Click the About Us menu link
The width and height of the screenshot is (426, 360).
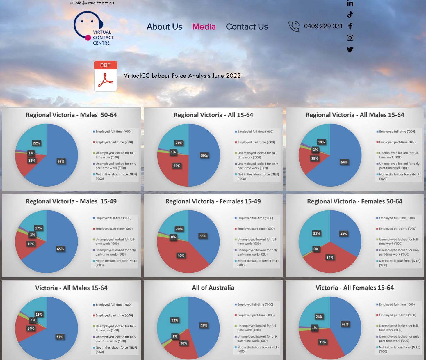[x=164, y=27]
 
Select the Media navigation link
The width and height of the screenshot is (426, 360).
[x=204, y=27]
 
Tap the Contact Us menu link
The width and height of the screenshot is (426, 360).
[x=247, y=27]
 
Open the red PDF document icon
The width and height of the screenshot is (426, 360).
[x=106, y=76]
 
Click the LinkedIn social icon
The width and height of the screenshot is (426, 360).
[x=350, y=3]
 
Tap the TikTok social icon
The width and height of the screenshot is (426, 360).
[x=350, y=15]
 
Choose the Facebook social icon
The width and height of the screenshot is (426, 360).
[x=350, y=26]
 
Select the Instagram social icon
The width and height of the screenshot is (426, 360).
[x=350, y=38]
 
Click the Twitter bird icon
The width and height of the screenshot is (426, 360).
[x=350, y=49]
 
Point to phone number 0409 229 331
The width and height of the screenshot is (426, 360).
[x=323, y=26]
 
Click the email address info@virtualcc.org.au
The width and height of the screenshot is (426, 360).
[x=94, y=3]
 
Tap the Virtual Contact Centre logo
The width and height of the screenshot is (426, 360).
[x=93, y=29]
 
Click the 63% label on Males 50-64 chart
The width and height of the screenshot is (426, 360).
[x=61, y=162]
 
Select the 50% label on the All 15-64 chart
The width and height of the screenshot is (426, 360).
[x=204, y=155]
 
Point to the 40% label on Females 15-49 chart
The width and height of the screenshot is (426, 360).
[x=181, y=256]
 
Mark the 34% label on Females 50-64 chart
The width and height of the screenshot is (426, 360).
[x=330, y=258]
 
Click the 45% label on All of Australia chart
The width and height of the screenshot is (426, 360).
[x=204, y=326]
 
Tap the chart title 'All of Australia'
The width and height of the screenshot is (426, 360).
[x=213, y=288]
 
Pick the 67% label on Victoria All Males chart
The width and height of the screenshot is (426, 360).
[x=60, y=337]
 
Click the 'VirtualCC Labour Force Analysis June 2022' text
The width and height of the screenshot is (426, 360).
[x=182, y=76]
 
